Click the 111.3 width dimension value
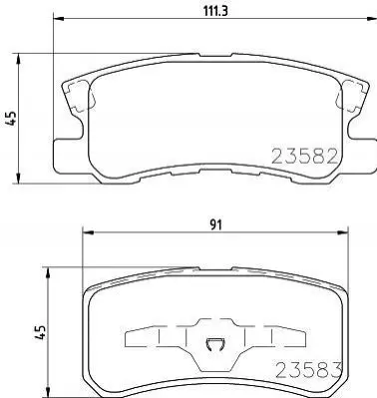(x=215, y=11)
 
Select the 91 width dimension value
(x=215, y=225)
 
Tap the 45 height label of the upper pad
(x=11, y=118)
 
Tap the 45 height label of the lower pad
(x=40, y=332)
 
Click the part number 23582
(x=305, y=157)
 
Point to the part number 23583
(x=309, y=370)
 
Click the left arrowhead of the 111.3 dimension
(x=58, y=18)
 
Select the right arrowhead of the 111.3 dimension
(x=372, y=18)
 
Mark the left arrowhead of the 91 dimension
(x=87, y=232)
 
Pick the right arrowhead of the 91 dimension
(x=343, y=232)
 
